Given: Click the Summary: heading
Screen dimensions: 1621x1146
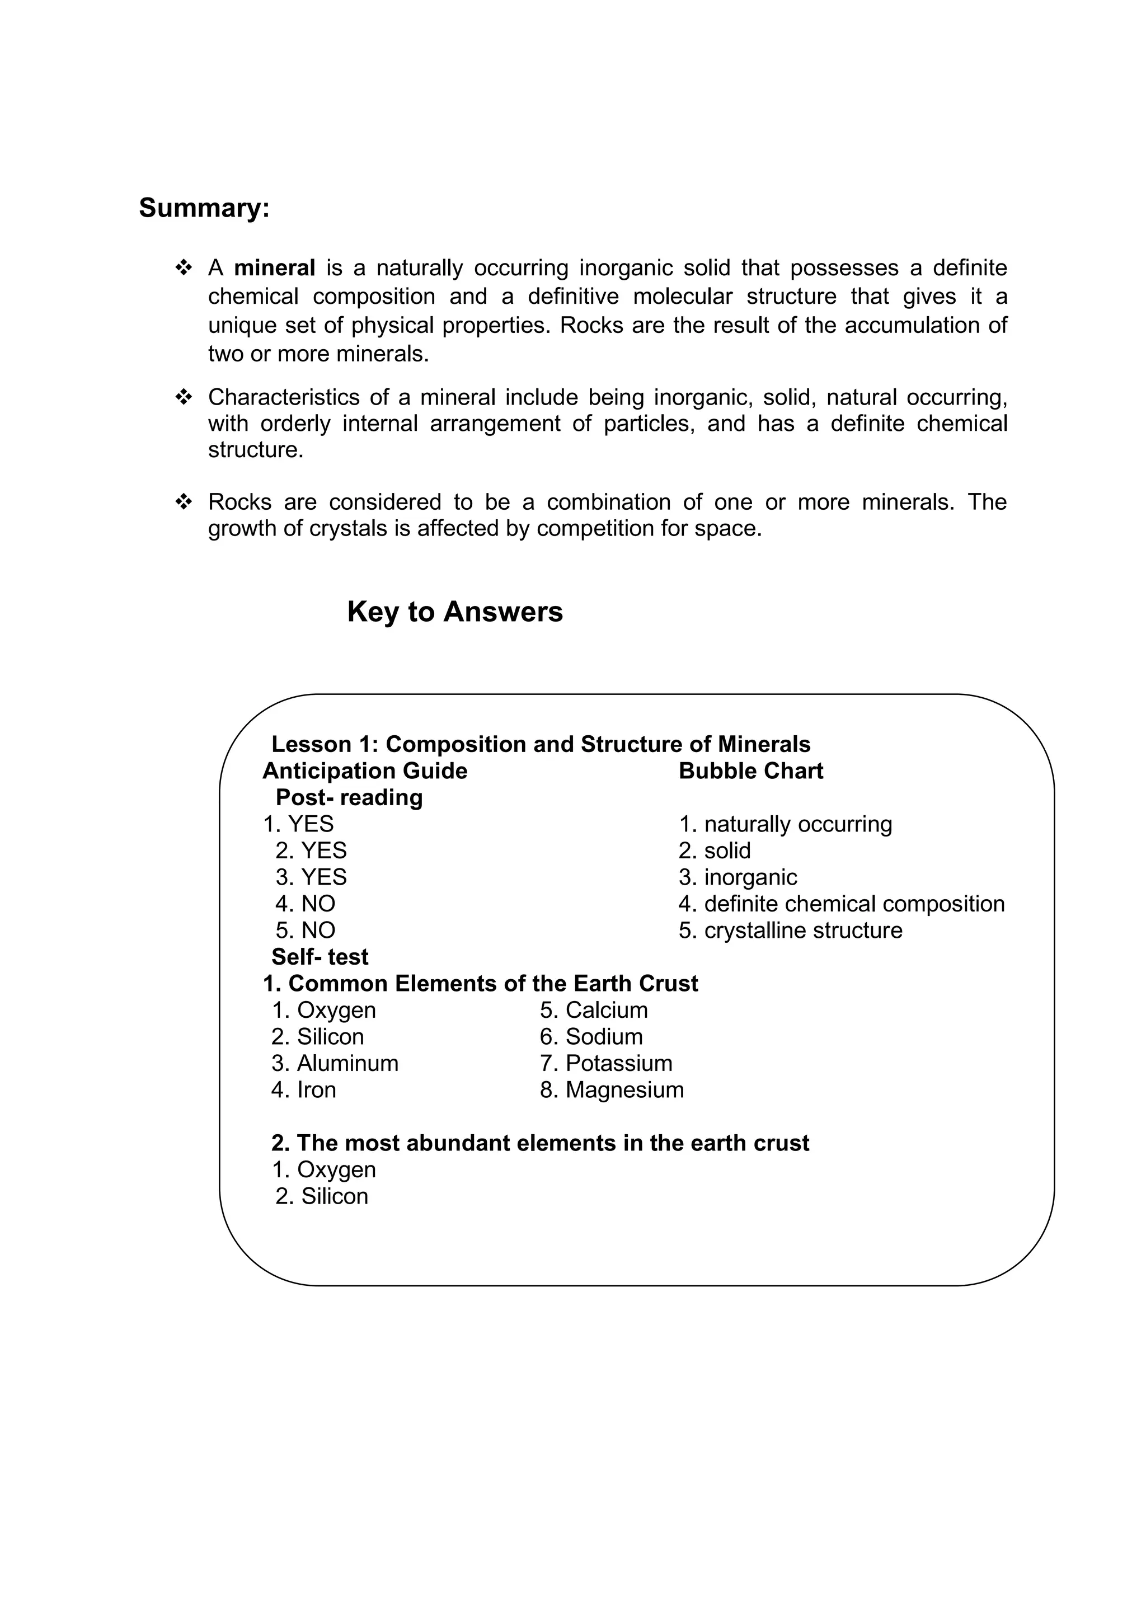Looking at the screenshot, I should click(204, 208).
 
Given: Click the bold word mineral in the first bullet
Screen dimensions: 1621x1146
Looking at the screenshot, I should click(274, 268).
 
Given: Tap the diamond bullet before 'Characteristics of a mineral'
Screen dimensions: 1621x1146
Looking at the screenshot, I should click(183, 397).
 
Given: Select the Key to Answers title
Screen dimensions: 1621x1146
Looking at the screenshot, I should click(455, 612).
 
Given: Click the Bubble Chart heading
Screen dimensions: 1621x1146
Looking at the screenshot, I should click(750, 771).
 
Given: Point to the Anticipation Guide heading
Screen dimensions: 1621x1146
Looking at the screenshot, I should click(364, 771).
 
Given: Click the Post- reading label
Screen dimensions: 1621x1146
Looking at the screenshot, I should click(349, 798).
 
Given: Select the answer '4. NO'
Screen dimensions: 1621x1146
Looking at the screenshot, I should click(305, 904).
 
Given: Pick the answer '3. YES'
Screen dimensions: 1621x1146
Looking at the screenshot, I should click(311, 877).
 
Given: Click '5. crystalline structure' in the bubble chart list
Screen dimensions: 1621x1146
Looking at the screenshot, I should click(790, 931).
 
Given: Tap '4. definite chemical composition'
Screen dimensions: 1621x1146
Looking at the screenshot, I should click(841, 904).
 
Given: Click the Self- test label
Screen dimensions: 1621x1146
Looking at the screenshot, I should click(320, 957).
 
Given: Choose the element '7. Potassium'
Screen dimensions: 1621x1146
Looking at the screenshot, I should click(606, 1063).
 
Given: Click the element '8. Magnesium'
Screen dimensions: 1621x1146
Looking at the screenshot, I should click(612, 1090).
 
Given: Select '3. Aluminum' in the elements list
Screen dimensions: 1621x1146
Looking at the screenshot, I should click(335, 1063).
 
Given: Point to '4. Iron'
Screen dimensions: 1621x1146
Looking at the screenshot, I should click(304, 1090).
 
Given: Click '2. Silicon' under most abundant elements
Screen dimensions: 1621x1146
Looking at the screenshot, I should click(322, 1196).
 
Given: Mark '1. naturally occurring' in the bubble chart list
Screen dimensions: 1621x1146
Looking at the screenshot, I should click(785, 825).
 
